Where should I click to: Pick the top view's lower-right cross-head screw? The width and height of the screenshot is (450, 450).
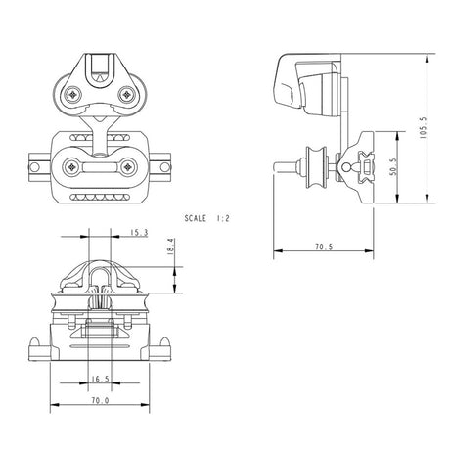click(x=127, y=166)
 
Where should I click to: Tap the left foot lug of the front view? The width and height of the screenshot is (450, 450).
click(x=39, y=343)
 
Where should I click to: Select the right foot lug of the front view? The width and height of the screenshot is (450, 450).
click(x=169, y=343)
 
